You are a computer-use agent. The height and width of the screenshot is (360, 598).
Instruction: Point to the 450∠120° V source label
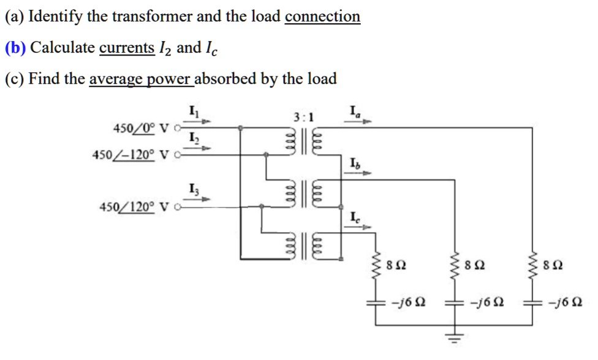pos(133,208)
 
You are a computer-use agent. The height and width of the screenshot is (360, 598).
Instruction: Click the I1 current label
pos(194,111)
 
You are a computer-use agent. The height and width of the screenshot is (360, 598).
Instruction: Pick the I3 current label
pos(194,189)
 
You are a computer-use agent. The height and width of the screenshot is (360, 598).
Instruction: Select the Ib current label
pos(354,163)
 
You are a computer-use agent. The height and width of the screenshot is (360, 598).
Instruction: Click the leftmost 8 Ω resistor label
pos(396,266)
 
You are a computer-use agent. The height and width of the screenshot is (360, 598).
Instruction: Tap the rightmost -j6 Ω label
pos(566,302)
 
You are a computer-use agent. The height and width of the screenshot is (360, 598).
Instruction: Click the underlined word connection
pos(322,16)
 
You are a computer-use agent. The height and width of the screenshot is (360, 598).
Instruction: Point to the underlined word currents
pos(127,47)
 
